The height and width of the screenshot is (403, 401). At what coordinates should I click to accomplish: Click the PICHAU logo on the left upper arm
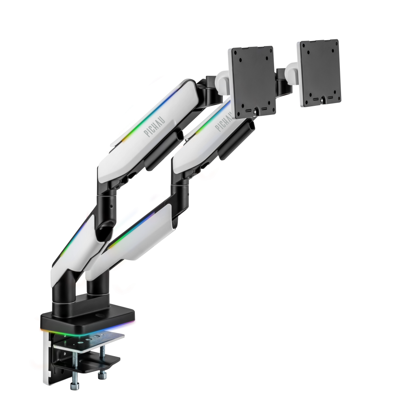click(x=155, y=127)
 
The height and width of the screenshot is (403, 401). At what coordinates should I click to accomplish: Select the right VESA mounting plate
click(x=319, y=72)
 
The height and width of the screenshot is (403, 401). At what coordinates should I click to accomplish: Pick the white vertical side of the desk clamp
click(x=47, y=358)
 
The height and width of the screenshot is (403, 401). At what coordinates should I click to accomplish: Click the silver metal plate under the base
click(x=89, y=341)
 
